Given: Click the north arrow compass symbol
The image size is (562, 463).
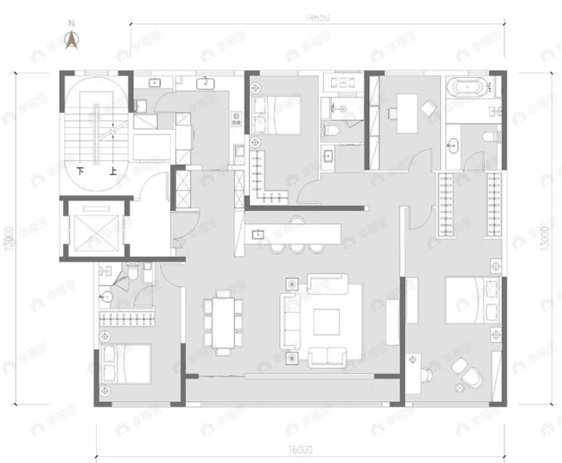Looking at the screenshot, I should coord(72,39).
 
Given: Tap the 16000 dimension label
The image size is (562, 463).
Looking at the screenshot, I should coord(302,449).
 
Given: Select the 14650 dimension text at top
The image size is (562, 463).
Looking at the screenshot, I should coord(318,18).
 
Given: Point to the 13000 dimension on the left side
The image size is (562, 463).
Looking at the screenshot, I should coord(8,238).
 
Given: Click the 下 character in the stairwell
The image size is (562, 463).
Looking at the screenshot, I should coord(81,172).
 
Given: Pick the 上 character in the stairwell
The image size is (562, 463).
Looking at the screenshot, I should coord(112,172).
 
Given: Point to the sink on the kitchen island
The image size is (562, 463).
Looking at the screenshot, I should coord(258,233).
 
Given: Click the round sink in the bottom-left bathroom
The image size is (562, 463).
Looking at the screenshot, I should coord(109,296).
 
